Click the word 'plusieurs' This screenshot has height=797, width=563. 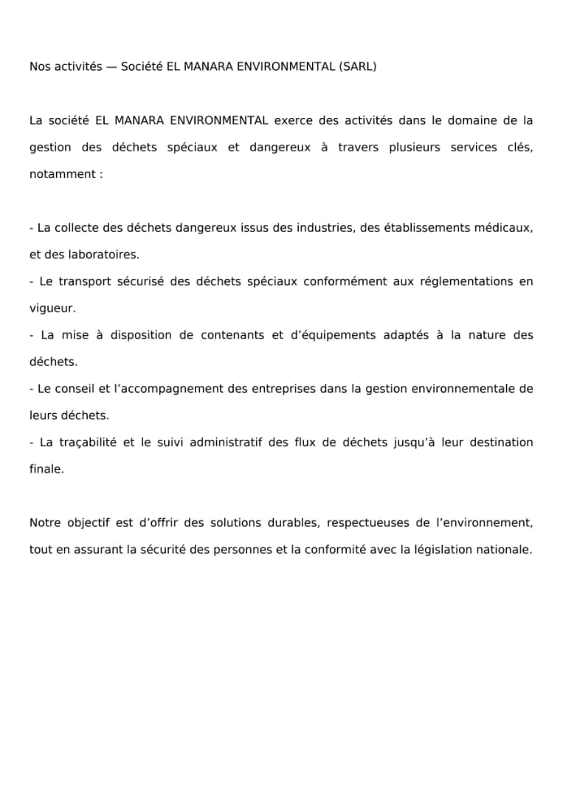click(x=415, y=148)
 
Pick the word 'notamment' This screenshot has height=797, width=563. click(x=61, y=174)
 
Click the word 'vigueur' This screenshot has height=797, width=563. click(x=52, y=308)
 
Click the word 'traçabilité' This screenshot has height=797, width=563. click(x=88, y=443)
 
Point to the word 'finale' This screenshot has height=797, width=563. click(x=46, y=469)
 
